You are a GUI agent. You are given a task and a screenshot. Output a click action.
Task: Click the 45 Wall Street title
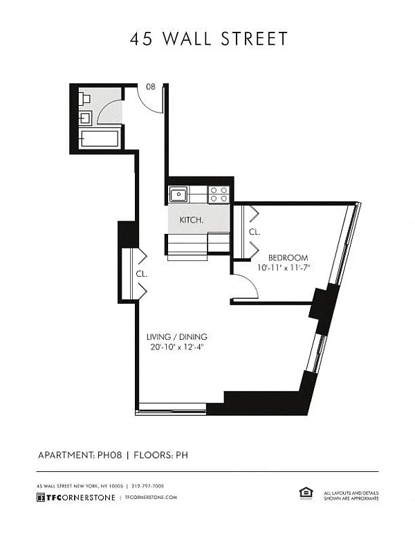208,38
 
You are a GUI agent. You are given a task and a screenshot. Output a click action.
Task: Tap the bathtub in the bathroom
100,138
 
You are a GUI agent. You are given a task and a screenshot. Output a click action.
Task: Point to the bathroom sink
85,118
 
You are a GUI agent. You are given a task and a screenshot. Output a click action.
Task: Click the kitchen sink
178,194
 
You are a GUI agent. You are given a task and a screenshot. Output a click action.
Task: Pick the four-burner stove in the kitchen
219,194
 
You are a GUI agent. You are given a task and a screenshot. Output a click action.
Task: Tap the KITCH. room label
191,220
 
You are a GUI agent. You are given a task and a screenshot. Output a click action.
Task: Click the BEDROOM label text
288,257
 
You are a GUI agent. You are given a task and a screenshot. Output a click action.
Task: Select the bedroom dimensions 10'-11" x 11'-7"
284,268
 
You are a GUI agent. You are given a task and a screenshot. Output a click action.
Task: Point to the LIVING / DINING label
176,336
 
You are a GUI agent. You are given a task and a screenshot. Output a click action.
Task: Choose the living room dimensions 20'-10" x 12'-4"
177,347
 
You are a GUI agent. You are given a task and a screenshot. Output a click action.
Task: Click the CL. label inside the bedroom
255,232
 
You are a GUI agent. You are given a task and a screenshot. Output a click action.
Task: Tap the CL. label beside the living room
141,274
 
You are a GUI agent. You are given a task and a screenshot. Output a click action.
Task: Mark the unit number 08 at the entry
151,87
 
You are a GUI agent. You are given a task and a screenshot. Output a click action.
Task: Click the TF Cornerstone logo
75,498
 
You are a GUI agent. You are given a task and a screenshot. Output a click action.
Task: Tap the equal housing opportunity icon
306,493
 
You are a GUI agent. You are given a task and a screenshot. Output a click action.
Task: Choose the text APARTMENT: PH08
80,455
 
